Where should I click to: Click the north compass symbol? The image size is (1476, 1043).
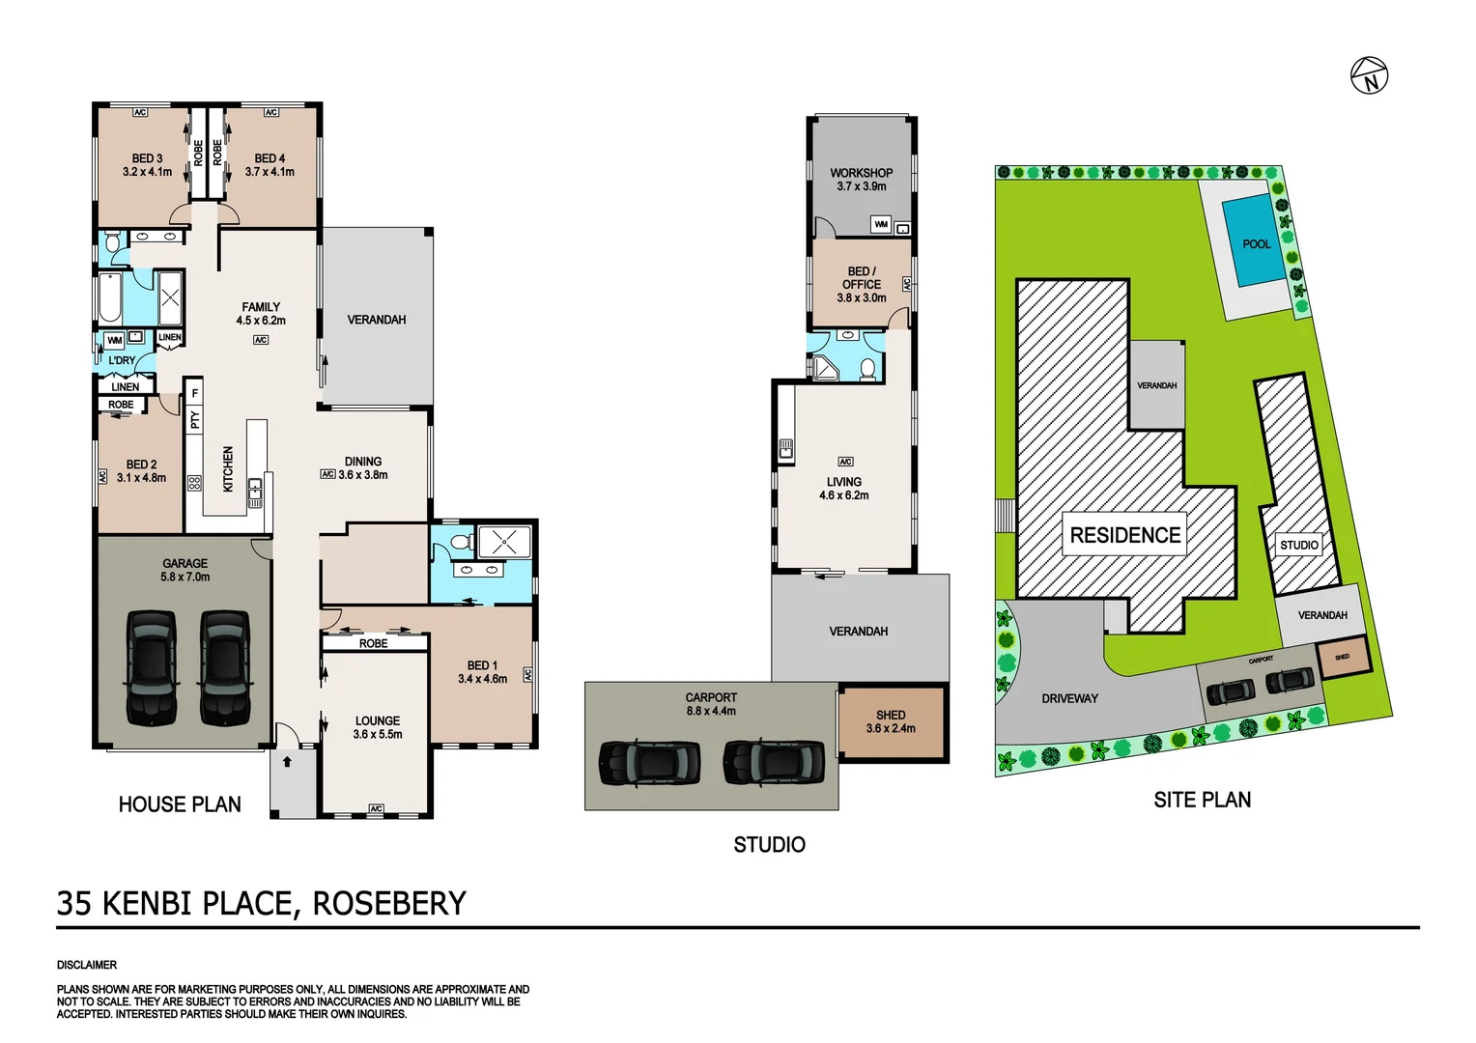pos(1369,75)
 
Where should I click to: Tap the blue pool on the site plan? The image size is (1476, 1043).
pos(1256,241)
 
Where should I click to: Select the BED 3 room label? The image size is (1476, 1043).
pos(147,158)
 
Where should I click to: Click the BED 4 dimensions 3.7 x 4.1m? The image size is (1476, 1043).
pos(270,172)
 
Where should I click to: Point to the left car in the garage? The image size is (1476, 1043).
pos(152,667)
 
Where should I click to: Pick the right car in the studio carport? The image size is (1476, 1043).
pos(775,762)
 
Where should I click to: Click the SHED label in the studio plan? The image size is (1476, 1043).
pos(891,716)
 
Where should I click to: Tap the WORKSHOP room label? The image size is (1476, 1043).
pos(861,173)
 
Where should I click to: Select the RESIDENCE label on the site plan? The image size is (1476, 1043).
pos(1125,535)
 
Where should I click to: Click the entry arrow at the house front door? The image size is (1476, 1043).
pos(287,761)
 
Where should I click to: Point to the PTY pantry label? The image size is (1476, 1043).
pos(195,420)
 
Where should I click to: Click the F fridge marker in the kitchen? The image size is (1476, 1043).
pos(195,393)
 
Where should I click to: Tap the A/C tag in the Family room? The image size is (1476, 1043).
pos(261,340)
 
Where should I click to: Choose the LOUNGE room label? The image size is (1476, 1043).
pos(377,720)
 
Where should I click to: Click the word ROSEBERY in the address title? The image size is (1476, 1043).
pos(389,903)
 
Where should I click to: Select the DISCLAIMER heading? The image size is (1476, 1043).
pos(87,965)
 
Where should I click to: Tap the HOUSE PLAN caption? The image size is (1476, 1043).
pos(180,804)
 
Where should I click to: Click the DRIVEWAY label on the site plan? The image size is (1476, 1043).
pos(1069,698)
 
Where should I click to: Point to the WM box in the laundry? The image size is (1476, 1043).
pos(114,340)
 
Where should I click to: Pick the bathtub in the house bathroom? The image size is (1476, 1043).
pos(109,298)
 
